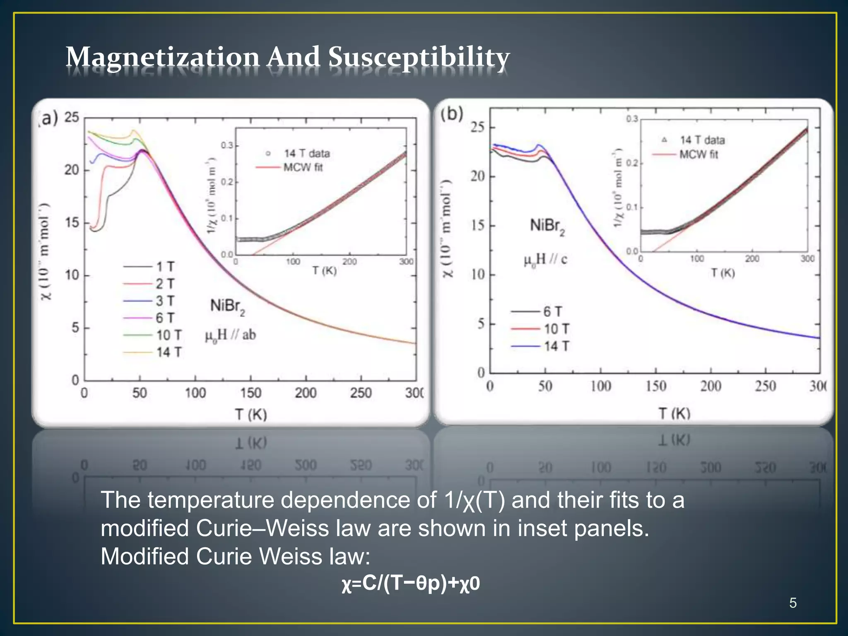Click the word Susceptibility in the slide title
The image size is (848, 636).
coord(419,58)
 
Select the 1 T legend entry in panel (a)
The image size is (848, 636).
coord(165,267)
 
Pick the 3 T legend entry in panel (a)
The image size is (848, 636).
coord(165,301)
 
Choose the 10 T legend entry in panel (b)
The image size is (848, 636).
coord(556,329)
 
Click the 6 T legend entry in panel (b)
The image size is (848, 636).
coord(552,311)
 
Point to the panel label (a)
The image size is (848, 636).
coord(48,118)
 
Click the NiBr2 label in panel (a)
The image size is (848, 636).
coord(227,307)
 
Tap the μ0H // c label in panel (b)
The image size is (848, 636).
coord(545,260)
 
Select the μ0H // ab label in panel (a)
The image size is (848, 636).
coord(230,335)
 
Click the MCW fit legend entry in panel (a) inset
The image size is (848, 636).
coord(303,167)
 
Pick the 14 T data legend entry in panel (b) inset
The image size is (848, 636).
coord(702,140)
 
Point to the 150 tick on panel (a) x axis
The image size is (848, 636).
coord(251,393)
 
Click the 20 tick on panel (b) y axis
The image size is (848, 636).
coord(477,176)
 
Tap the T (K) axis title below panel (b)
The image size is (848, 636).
coord(675,413)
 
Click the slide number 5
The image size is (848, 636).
coord(793,603)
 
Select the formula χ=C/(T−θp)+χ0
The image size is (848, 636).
coord(410,583)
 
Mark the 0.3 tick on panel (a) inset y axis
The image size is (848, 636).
coord(227,145)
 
